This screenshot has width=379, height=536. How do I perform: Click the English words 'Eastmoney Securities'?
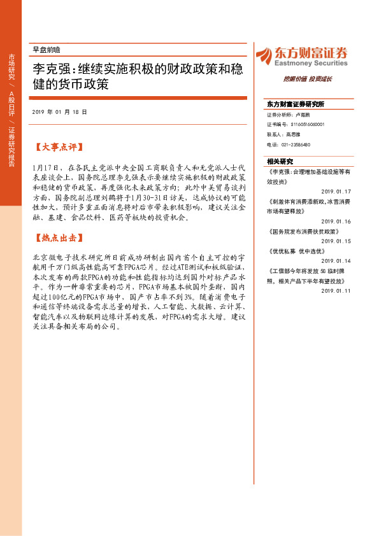pyautogui.click(x=311, y=64)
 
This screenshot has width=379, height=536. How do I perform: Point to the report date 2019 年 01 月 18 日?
pyautogui.click(x=59, y=111)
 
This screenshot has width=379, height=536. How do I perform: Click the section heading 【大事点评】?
pyautogui.click(x=58, y=146)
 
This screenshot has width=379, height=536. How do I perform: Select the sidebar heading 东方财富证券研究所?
pyautogui.click(x=296, y=104)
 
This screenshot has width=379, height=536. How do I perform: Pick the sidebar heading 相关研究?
pyautogui.click(x=280, y=161)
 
